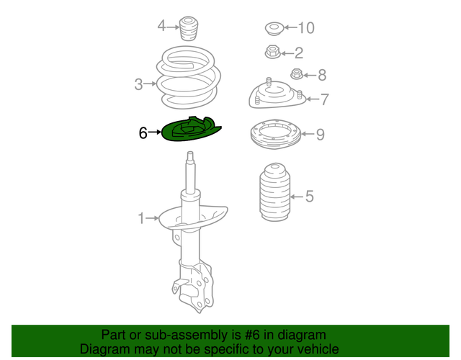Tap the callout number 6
[143, 132]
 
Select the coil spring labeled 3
[188, 78]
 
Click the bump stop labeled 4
[189, 29]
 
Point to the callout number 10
[306, 28]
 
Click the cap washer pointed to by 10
[274, 29]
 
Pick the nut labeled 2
[272, 52]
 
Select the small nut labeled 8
[296, 73]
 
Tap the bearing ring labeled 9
[275, 135]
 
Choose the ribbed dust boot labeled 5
[274, 192]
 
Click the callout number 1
[141, 218]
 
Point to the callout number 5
[310, 196]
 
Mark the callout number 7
[324, 99]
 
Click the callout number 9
[320, 135]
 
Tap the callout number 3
[138, 84]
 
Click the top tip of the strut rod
[190, 152]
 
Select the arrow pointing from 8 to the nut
[310, 75]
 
